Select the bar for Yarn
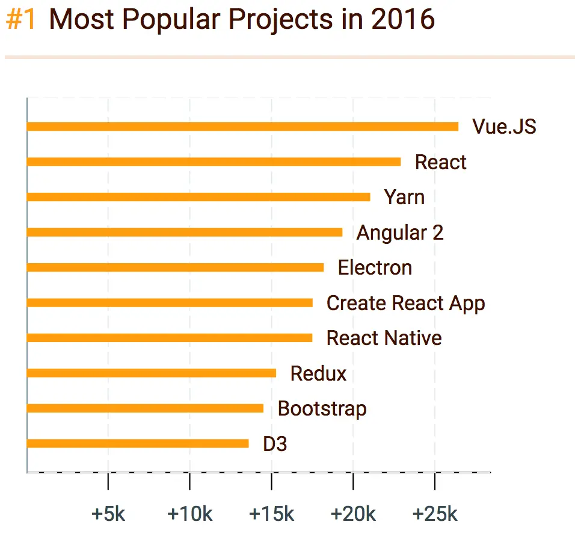tap(198, 197)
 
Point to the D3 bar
tap(138, 444)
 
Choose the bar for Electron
tap(175, 267)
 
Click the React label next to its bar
tap(440, 162)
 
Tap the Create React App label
tap(405, 303)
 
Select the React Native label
tap(384, 338)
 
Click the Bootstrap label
tap(322, 409)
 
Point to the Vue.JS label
tap(504, 127)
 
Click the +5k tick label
tap(108, 514)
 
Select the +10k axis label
tap(190, 514)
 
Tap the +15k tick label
tap(272, 514)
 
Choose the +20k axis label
tap(353, 514)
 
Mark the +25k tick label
tap(435, 514)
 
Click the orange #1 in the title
tap(21, 19)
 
